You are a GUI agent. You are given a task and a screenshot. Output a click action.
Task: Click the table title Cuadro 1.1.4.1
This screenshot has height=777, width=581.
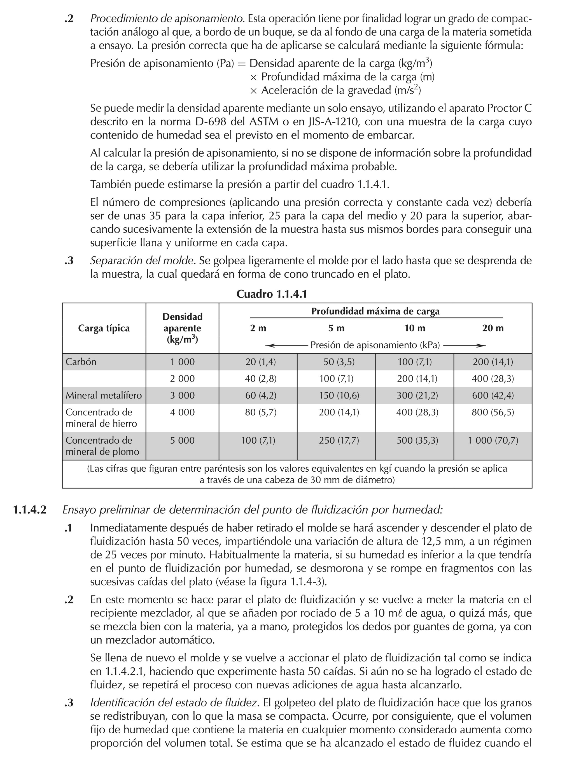tap(271, 294)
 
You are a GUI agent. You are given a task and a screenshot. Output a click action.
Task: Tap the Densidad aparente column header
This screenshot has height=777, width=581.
tap(182, 328)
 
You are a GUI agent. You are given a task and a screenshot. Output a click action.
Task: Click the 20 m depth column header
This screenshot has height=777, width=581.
tap(493, 328)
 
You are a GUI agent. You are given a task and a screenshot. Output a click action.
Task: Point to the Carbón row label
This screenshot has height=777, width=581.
tap(81, 362)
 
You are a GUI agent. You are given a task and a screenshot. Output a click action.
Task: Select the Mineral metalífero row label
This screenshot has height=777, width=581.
tap(104, 395)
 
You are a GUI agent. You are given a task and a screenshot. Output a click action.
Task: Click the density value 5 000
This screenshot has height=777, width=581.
tap(182, 441)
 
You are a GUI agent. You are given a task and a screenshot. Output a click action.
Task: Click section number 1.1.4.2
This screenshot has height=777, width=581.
tap(29, 510)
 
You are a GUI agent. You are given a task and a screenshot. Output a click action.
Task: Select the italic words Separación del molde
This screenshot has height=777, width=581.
tap(142, 261)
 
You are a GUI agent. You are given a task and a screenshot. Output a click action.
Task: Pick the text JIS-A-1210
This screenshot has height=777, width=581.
tap(333, 122)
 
